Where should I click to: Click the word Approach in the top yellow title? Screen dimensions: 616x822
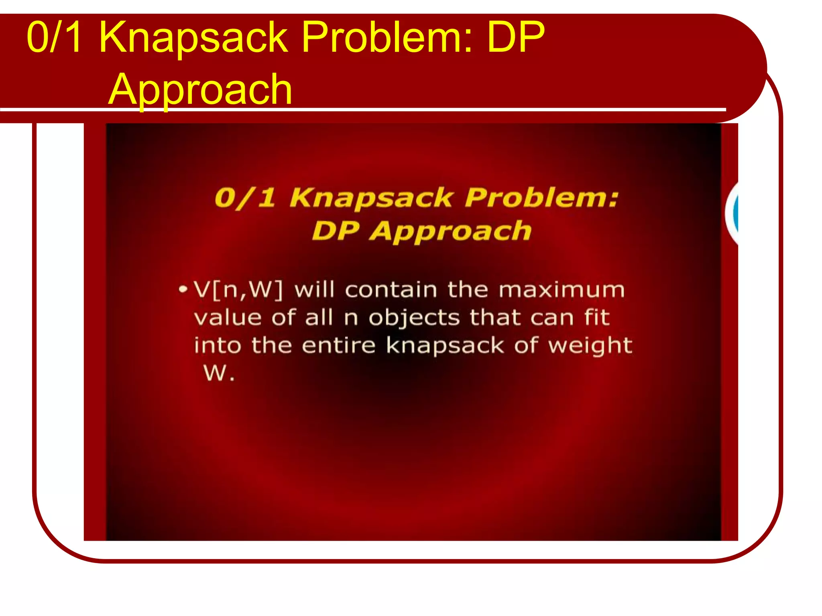click(200, 90)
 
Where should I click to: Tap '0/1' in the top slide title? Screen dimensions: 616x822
click(55, 37)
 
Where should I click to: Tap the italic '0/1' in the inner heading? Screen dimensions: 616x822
click(245, 198)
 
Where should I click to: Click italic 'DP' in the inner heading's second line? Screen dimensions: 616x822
click(336, 231)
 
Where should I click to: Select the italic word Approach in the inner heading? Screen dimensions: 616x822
click(450, 232)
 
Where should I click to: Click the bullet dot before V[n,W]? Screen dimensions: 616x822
click(183, 289)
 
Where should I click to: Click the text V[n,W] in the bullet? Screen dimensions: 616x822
click(238, 290)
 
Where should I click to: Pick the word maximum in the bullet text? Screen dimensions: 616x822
click(562, 290)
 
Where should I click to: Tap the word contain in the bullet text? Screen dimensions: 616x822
click(391, 290)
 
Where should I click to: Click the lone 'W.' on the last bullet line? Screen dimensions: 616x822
click(219, 373)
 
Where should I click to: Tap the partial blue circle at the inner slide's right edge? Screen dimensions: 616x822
click(734, 213)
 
